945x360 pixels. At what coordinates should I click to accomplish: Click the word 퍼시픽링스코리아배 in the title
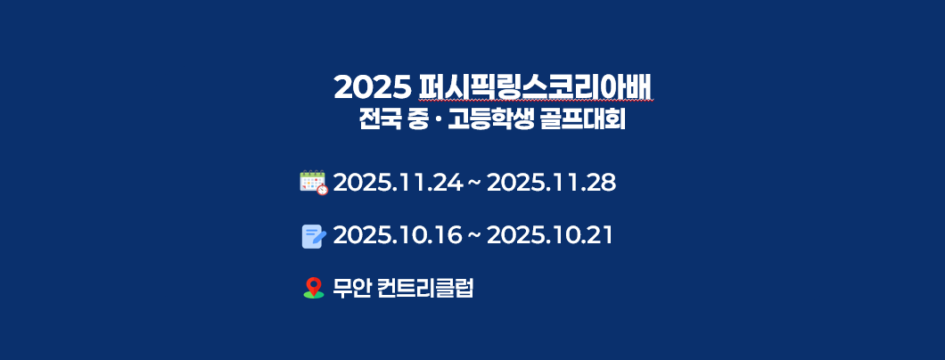coord(535,88)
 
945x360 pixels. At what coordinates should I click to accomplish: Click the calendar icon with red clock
coord(314,183)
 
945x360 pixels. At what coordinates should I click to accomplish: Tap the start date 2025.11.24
coord(398,183)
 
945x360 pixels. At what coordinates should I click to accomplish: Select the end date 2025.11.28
coord(551,183)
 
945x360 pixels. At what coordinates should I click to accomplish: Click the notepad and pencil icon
coord(314,236)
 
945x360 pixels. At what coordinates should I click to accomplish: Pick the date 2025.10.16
coord(398,235)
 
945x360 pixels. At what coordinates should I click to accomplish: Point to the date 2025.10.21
coord(549,235)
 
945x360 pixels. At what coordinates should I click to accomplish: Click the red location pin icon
coord(314,287)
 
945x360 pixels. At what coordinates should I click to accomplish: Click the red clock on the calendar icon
coord(323,190)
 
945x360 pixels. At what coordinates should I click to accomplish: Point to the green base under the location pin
coord(314,294)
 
